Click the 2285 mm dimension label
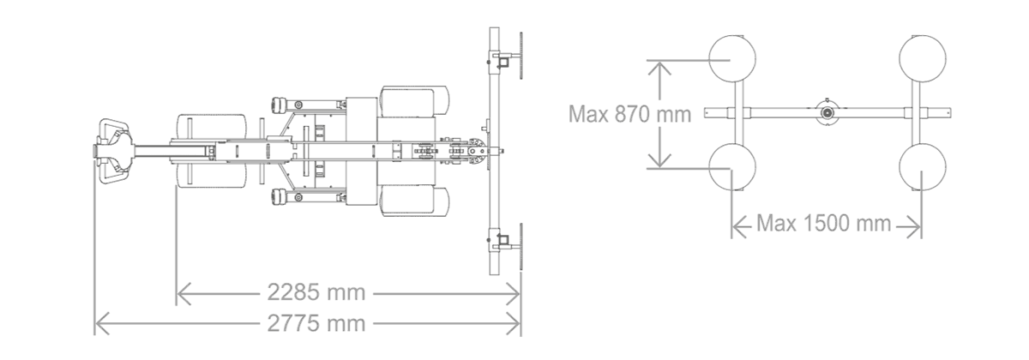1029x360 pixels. [x=316, y=292]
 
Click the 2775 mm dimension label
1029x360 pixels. [x=316, y=324]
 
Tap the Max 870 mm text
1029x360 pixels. [x=629, y=114]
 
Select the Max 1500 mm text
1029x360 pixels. [x=824, y=224]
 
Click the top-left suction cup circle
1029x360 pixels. [x=732, y=59]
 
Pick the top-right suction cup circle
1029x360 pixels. [x=923, y=59]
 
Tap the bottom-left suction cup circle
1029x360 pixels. [x=732, y=167]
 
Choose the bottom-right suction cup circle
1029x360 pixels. [x=923, y=167]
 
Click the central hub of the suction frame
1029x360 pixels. [x=827, y=112]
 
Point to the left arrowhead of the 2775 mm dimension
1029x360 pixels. [x=102, y=324]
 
